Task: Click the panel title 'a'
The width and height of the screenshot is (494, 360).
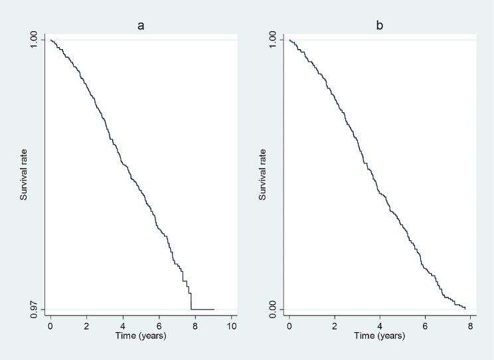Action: [141, 26]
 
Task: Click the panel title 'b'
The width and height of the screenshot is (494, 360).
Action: [380, 26]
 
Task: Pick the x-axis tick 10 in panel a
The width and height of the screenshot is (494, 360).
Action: [232, 326]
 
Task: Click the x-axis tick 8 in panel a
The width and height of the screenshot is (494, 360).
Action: [195, 326]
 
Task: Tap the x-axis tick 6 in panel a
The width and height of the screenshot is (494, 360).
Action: [159, 326]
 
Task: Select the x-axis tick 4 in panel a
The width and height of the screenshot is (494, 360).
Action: [123, 326]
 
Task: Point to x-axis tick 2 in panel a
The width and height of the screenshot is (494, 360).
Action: [87, 326]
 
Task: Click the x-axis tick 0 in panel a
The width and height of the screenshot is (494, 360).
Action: [50, 326]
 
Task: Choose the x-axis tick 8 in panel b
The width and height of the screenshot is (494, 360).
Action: [470, 326]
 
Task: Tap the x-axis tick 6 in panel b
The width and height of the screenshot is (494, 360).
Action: [425, 326]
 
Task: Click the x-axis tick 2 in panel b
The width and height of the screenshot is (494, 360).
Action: [335, 326]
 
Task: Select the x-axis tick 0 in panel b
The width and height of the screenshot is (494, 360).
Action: [289, 326]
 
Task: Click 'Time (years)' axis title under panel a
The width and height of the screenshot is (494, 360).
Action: [141, 335]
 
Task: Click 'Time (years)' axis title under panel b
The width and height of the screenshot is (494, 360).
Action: [380, 335]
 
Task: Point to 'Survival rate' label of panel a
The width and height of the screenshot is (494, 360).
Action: [25, 175]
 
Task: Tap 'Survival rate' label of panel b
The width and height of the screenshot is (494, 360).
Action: [263, 175]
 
